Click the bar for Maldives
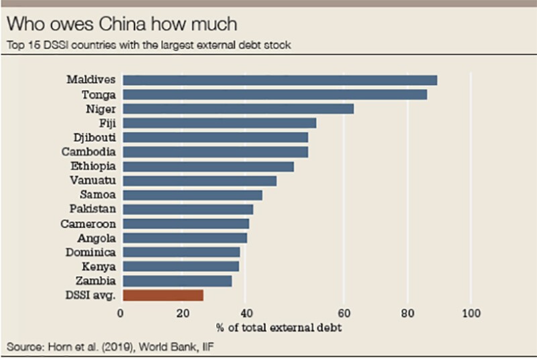[280, 80]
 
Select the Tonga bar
[275, 95]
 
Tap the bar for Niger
[238, 109]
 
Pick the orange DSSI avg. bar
[163, 295]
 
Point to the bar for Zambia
[177, 281]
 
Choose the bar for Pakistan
[188, 209]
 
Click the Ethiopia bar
[208, 166]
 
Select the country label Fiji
[105, 123]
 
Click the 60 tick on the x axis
[344, 313]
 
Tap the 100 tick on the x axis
[471, 313]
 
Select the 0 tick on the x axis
[121, 313]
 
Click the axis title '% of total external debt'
[279, 328]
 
